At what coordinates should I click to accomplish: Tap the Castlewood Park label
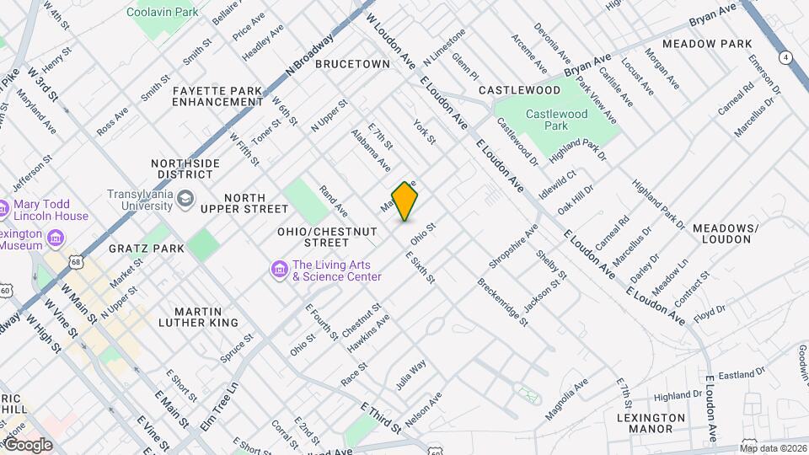click(556, 120)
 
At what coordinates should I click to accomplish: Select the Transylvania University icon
click(185, 200)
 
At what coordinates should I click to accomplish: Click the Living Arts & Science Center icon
click(279, 270)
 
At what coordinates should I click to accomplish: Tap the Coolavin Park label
click(162, 13)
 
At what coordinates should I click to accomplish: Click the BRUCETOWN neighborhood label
click(352, 64)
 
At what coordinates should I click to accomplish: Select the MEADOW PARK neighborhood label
click(706, 44)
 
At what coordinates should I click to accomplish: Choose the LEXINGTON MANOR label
click(651, 424)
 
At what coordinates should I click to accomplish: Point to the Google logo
click(27, 445)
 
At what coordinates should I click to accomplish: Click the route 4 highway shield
click(785, 57)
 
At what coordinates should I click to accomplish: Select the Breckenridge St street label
click(503, 302)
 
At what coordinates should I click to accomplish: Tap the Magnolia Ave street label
click(565, 401)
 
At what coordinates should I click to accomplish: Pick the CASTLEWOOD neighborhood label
click(519, 90)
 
